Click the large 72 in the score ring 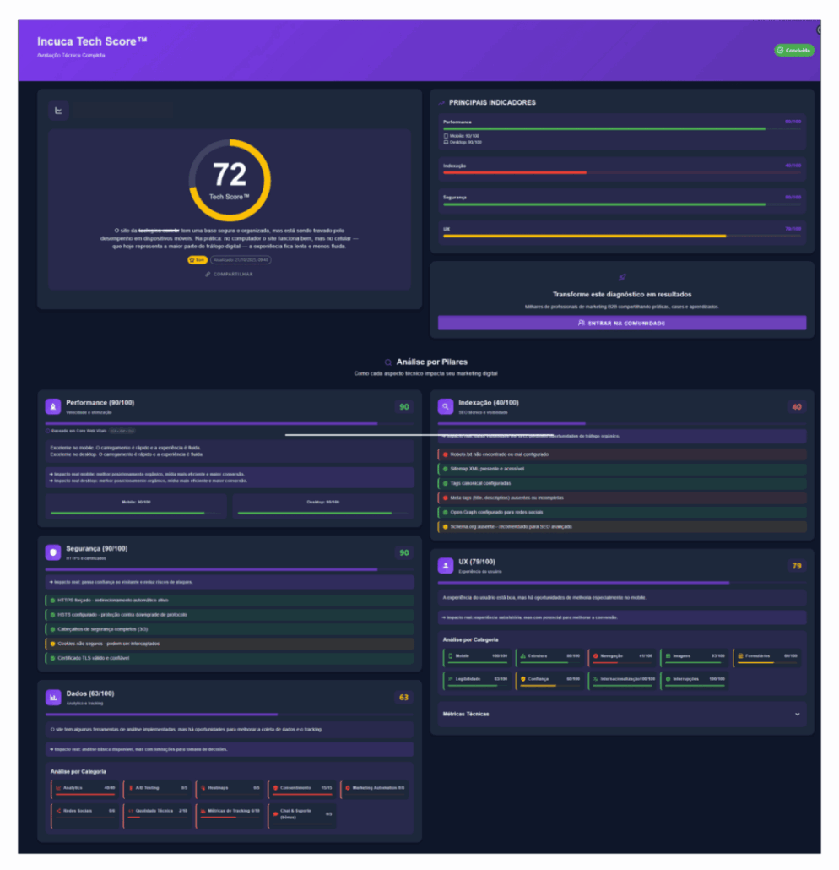pyautogui.click(x=230, y=174)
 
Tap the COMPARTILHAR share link pyautogui.click(x=230, y=274)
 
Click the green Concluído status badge pyautogui.click(x=794, y=51)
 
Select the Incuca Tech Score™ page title pyautogui.click(x=93, y=41)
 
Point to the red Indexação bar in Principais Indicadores pyautogui.click(x=515, y=172)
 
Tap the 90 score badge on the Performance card pyautogui.click(x=404, y=407)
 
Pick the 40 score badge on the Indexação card pyautogui.click(x=796, y=407)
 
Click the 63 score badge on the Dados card pyautogui.click(x=403, y=698)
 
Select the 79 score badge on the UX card pyautogui.click(x=796, y=565)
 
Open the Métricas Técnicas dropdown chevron pyautogui.click(x=798, y=714)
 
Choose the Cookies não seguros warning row pyautogui.click(x=230, y=644)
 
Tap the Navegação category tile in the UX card pyautogui.click(x=622, y=656)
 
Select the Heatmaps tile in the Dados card pyautogui.click(x=230, y=788)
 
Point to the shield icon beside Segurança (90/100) pyautogui.click(x=53, y=552)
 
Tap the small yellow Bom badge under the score pyautogui.click(x=197, y=260)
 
